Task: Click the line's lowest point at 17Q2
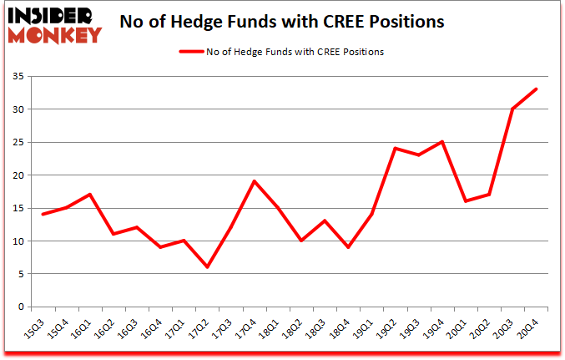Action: point(206,267)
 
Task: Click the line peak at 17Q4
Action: point(254,181)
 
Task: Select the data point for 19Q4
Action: point(441,142)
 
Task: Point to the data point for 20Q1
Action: point(465,201)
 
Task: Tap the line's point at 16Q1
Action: point(88,195)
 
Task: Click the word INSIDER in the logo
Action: point(54,15)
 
